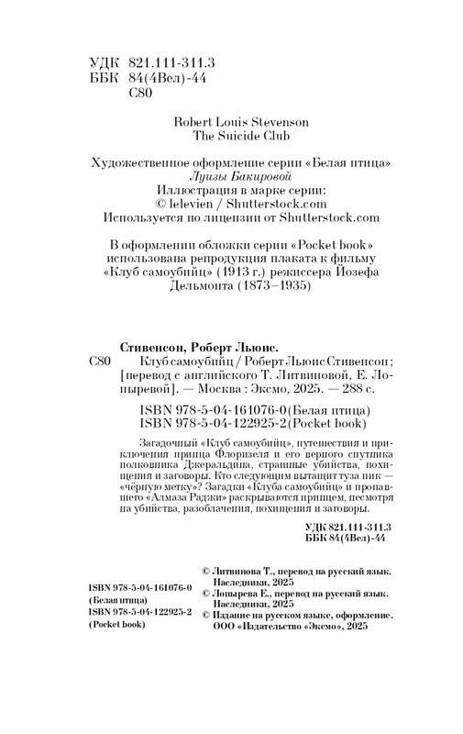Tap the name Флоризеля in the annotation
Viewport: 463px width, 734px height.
tap(226, 451)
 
